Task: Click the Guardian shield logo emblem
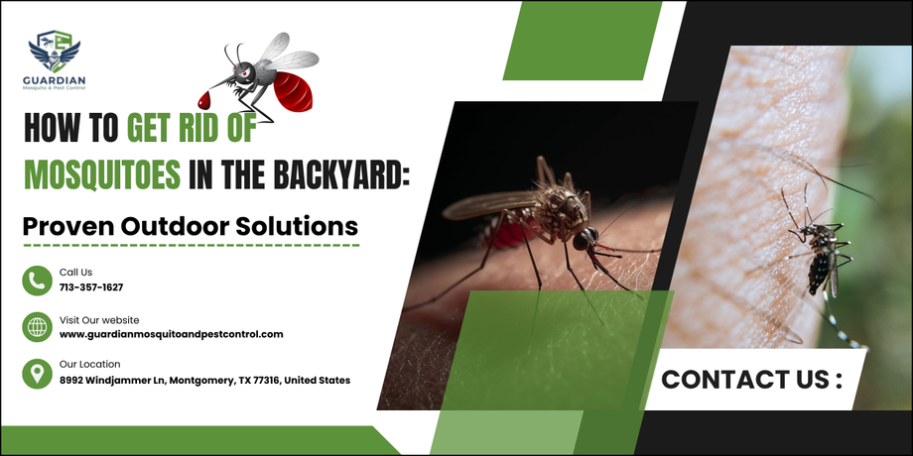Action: pyautogui.click(x=55, y=52)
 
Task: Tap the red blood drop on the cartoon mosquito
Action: pyautogui.click(x=203, y=100)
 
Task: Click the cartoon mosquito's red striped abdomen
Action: pyautogui.click(x=293, y=91)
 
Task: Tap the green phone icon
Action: pyautogui.click(x=38, y=281)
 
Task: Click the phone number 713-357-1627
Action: pyautogui.click(x=91, y=287)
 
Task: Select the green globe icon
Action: pyautogui.click(x=38, y=327)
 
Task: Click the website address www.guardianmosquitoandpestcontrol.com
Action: pyautogui.click(x=171, y=334)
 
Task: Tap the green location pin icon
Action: pyautogui.click(x=38, y=374)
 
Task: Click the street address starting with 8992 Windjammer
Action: pyautogui.click(x=205, y=381)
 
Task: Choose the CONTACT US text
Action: pyautogui.click(x=751, y=380)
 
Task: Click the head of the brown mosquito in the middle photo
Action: pyautogui.click(x=584, y=239)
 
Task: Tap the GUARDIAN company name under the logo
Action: pyautogui.click(x=55, y=80)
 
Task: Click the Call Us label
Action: pyautogui.click(x=75, y=273)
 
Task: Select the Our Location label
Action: pyautogui.click(x=89, y=365)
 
